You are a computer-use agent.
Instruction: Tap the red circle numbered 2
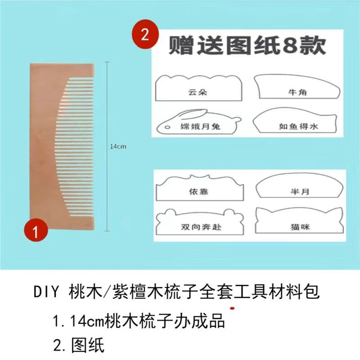144,35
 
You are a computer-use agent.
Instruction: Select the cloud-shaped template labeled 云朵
198,90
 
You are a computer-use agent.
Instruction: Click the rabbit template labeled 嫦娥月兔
198,124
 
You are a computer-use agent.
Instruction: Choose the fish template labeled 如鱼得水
297,123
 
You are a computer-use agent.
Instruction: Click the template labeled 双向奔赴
198,223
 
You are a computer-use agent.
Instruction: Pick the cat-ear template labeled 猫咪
297,222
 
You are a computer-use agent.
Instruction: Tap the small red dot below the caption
232,309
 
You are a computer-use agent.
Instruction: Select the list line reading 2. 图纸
79,345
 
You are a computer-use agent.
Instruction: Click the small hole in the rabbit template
167,128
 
